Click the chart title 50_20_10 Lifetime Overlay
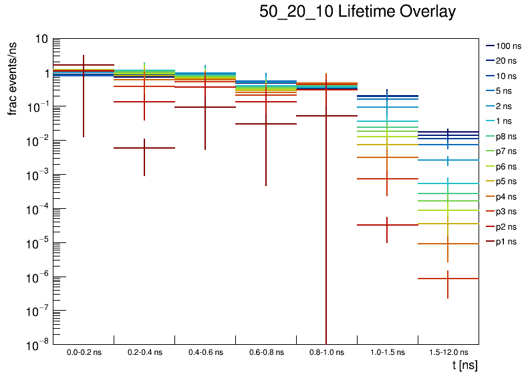358,12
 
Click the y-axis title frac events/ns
12,77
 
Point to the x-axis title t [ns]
464,366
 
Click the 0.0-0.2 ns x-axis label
84,352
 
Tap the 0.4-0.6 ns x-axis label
205,352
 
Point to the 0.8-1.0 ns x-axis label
326,352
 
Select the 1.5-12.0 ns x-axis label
448,352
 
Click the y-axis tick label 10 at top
41,39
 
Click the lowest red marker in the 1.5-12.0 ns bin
448,279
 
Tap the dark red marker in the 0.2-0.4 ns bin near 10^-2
144,148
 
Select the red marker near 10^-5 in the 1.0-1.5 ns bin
387,225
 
